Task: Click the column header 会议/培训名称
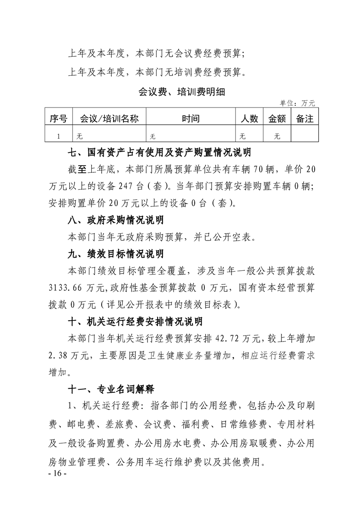click(109, 119)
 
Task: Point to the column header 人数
click(249, 119)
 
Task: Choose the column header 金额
click(277, 119)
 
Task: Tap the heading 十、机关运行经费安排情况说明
click(134, 321)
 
